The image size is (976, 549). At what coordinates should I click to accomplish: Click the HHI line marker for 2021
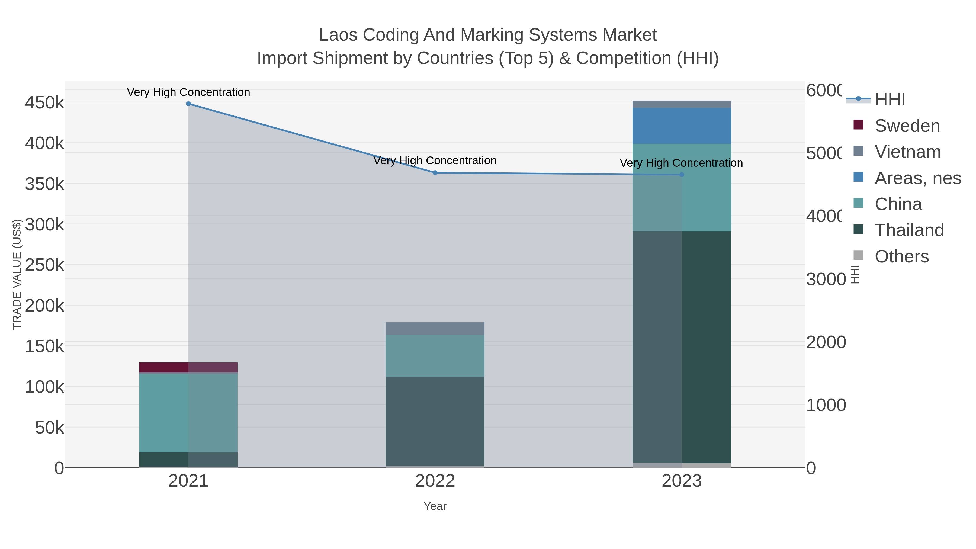188,104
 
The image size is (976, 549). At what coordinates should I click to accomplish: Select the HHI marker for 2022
435,173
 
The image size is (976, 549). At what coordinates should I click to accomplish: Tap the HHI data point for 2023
682,175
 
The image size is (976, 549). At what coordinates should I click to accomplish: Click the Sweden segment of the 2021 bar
188,367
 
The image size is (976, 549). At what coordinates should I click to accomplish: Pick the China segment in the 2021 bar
188,413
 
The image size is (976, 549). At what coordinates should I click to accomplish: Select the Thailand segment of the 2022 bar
435,420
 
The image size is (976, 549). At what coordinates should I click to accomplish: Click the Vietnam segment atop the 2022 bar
435,329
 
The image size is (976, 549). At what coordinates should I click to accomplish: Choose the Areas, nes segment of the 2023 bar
682,126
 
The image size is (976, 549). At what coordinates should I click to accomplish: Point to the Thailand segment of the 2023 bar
682,347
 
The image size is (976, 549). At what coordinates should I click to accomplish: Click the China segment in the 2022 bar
435,355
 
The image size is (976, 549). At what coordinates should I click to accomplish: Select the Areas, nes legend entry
917,178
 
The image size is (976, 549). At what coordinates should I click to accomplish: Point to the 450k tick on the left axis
44,102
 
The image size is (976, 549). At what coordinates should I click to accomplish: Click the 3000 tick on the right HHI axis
825,279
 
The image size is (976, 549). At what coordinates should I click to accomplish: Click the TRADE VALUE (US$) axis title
17,274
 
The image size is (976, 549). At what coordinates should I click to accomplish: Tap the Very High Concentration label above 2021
188,92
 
